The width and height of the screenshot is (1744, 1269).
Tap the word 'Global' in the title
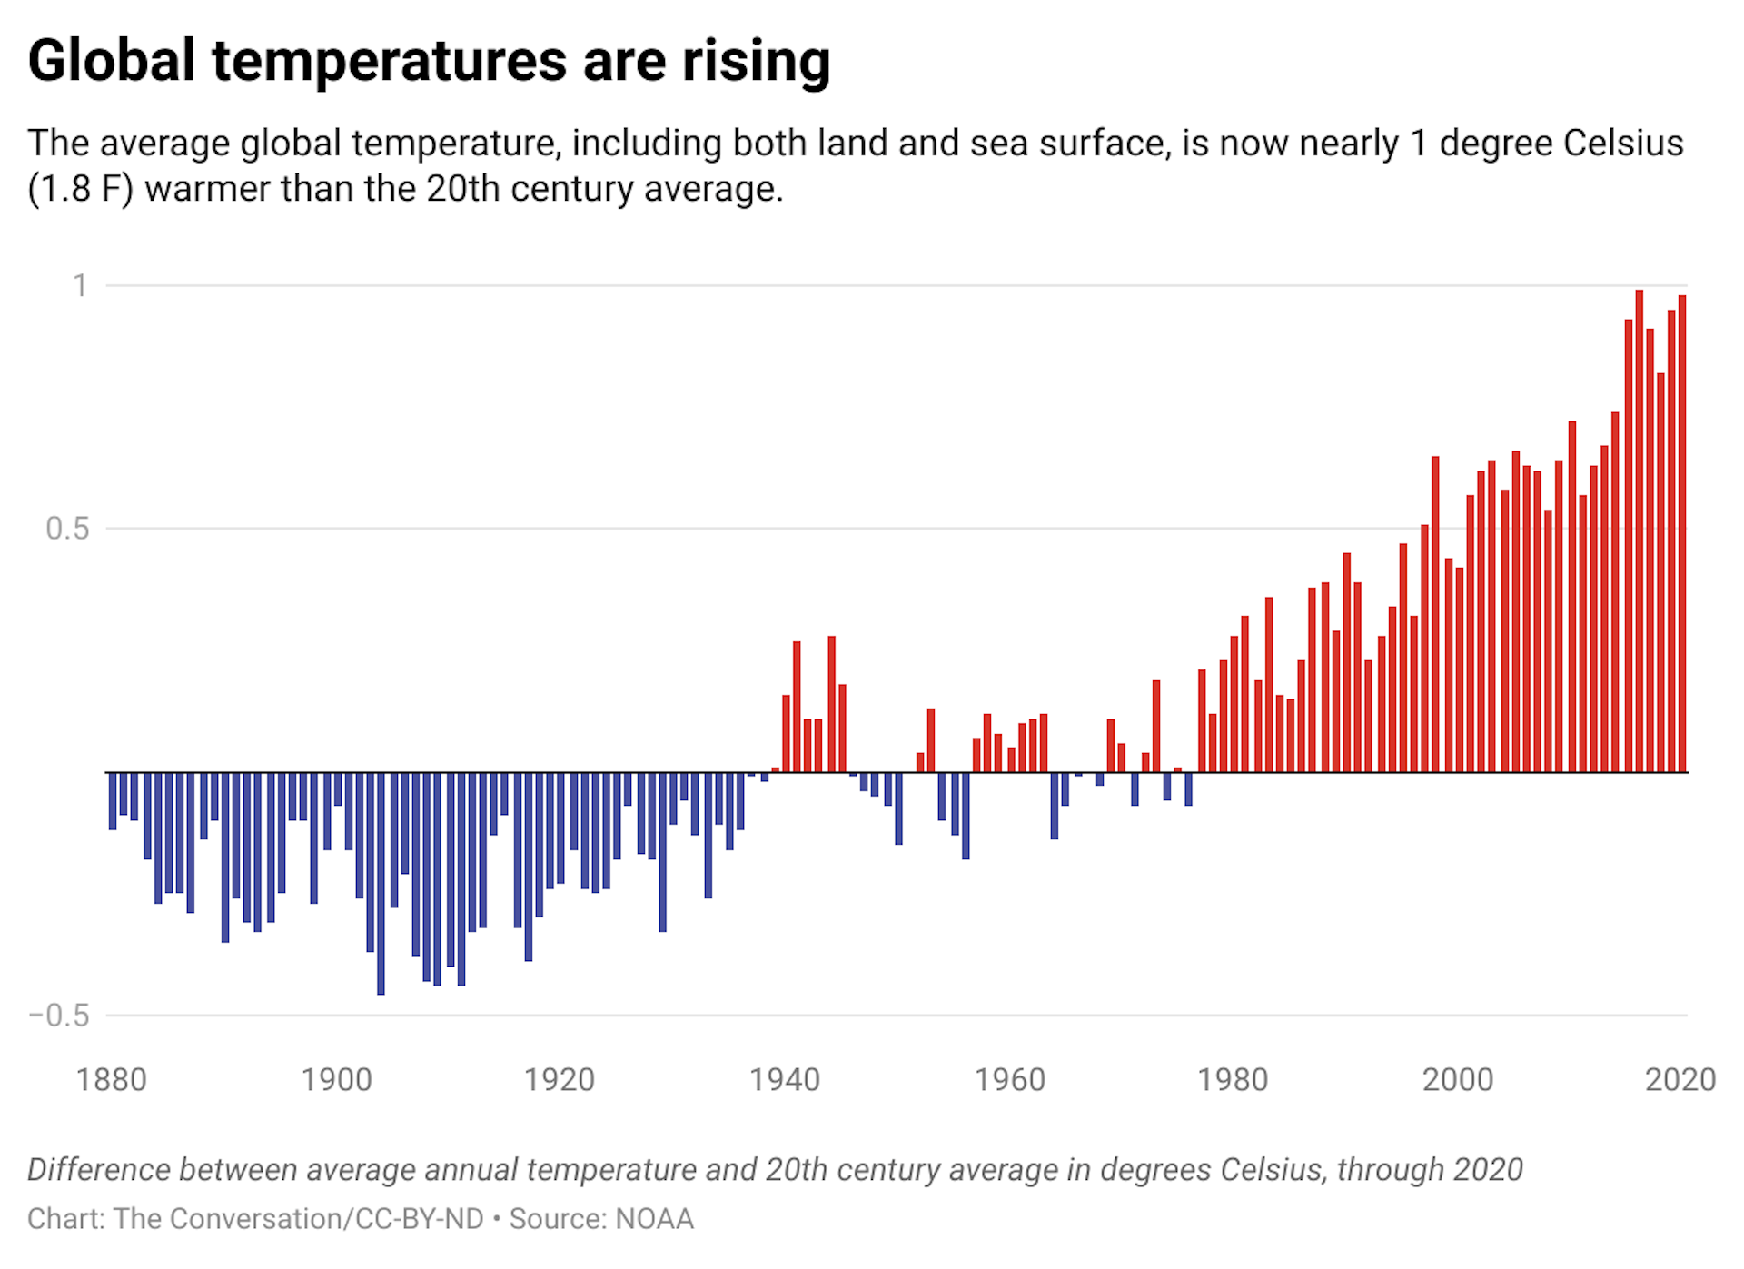click(112, 62)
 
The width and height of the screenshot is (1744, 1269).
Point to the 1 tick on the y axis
click(81, 285)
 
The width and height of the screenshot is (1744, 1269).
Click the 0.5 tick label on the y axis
click(68, 529)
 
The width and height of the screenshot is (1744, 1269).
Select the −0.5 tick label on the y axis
click(60, 1016)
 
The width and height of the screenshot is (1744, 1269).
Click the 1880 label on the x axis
click(111, 1080)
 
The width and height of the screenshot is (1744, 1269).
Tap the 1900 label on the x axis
click(336, 1080)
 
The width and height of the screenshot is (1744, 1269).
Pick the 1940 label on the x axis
click(785, 1080)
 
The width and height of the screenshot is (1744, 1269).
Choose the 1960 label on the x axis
click(1010, 1080)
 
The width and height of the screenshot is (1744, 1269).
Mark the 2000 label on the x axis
click(1457, 1080)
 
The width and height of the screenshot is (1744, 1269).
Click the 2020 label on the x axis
click(1680, 1080)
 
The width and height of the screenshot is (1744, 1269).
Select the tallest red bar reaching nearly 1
click(1640, 531)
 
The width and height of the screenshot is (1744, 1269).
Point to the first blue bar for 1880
click(113, 800)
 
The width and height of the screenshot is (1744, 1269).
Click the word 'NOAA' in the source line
click(654, 1219)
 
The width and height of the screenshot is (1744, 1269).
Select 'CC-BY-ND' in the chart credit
click(420, 1219)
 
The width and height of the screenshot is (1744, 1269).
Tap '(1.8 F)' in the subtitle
click(80, 189)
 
